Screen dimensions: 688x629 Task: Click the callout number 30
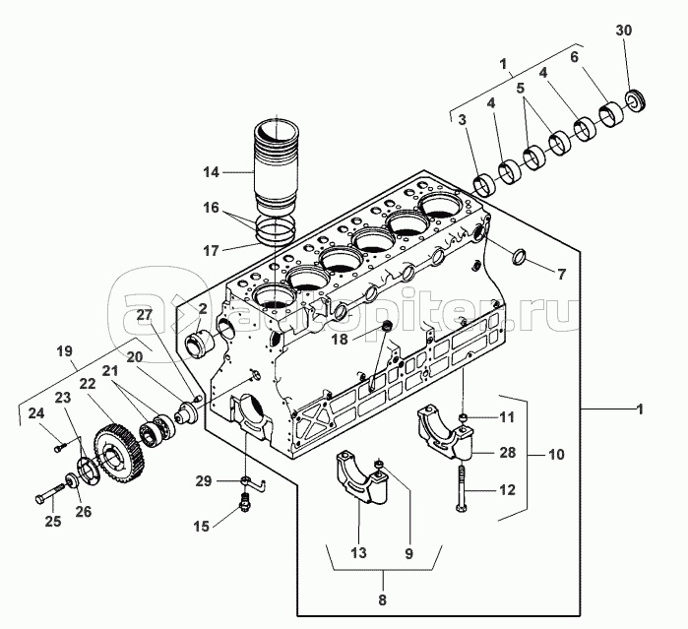[623, 31]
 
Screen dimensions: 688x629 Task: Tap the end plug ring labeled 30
[635, 100]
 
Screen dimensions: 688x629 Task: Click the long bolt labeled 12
[461, 489]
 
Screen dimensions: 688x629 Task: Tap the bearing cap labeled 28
[444, 432]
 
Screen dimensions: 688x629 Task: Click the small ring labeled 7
[519, 257]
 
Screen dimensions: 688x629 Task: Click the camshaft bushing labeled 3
[485, 185]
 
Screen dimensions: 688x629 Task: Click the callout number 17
[211, 251]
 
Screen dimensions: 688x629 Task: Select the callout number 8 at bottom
[383, 599]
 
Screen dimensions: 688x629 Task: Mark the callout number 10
[556, 454]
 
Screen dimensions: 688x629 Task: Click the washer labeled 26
[72, 479]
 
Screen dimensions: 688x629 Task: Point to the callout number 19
[65, 351]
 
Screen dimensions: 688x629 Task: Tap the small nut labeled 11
[463, 416]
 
